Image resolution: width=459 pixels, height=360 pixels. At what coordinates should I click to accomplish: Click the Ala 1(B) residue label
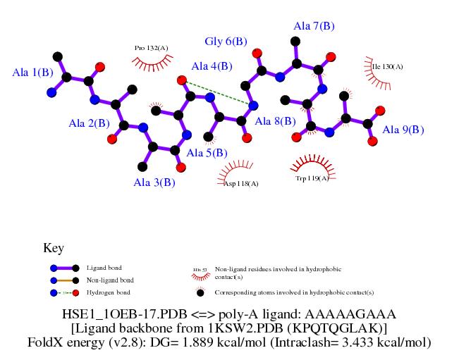click(33, 72)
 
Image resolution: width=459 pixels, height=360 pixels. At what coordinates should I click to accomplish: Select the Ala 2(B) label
click(89, 123)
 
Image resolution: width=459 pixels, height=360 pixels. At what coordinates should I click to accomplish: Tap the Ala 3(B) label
click(154, 182)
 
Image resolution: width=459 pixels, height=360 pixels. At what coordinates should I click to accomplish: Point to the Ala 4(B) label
click(212, 67)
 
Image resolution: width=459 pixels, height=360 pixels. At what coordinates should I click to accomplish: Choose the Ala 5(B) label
click(207, 152)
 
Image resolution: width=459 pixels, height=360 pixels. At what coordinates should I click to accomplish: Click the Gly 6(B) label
click(226, 42)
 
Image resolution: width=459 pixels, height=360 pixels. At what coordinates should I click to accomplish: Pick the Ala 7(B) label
click(314, 26)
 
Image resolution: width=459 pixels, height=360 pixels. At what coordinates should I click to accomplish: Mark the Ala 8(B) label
click(275, 121)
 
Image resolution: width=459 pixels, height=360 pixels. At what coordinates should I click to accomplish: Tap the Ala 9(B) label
click(403, 130)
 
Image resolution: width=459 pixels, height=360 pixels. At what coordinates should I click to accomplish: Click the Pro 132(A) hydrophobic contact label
click(152, 48)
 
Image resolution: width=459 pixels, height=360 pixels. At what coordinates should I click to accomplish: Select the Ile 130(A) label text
click(387, 67)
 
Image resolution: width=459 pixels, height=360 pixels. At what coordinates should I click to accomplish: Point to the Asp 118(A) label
click(241, 184)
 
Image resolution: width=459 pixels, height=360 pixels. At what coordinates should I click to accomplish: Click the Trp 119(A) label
click(312, 179)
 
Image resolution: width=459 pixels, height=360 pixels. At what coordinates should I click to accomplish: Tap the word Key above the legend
click(54, 248)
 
